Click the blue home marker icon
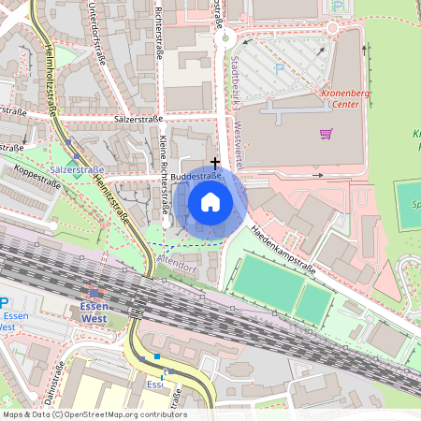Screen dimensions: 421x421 [210, 201]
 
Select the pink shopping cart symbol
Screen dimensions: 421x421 [326, 133]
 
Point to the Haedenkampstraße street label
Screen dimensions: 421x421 [293, 254]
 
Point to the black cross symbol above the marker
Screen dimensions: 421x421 [215, 162]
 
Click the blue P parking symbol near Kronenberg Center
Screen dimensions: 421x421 [278, 67]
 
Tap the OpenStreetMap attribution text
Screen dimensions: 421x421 [94, 414]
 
